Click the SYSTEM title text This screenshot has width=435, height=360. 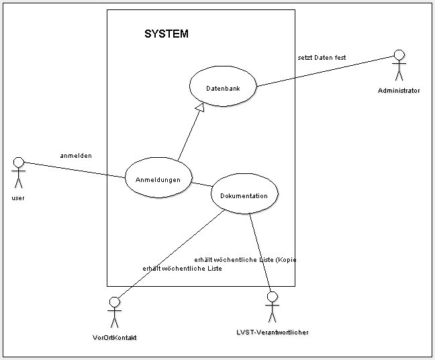click(166, 34)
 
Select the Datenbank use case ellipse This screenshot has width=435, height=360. click(222, 88)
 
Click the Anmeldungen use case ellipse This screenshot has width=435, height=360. click(157, 179)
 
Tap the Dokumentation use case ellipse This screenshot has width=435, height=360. click(244, 195)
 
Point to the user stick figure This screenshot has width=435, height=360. click(18, 174)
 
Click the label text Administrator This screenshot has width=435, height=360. click(399, 90)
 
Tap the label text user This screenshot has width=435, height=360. click(18, 198)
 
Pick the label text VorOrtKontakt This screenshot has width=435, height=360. click(114, 338)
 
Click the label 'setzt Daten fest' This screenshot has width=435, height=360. click(322, 58)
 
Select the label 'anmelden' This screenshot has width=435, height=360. click(76, 156)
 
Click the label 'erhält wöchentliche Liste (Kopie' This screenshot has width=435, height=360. click(245, 259)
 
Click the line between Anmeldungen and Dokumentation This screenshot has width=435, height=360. click(201, 183)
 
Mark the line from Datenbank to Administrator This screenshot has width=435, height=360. click(322, 72)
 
